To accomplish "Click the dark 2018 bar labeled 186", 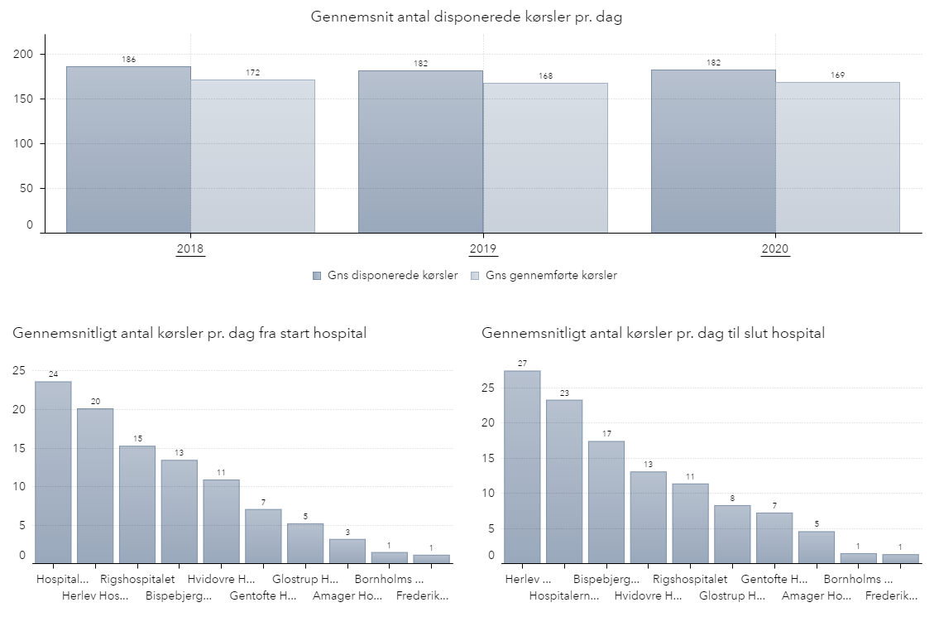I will pos(128,149).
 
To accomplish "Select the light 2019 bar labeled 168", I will pos(545,157).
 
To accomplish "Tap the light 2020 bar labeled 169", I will pos(837,157).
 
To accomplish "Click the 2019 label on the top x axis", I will pos(482,248).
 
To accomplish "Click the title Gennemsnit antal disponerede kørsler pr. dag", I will pos(467,17).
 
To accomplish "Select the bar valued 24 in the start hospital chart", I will pos(53,472).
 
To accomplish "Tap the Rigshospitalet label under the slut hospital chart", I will pos(690,579).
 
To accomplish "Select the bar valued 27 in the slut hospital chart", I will pos(522,466).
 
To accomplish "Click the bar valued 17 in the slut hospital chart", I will pos(606,502).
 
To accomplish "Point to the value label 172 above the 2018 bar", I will pos(253,73).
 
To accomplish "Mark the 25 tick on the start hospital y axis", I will pos(18,371).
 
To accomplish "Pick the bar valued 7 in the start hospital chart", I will pos(263,536).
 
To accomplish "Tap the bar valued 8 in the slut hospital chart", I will pos(732,534).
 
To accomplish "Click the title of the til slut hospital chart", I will pos(653,333).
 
